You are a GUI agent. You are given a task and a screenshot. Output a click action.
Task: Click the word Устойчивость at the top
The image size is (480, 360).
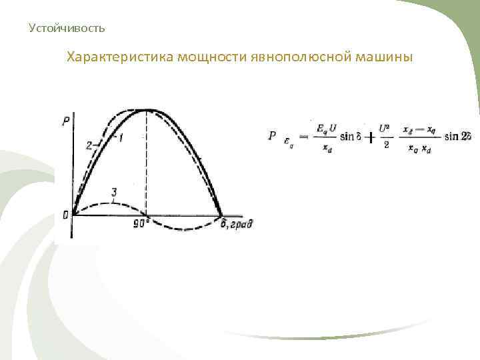pos(67,28)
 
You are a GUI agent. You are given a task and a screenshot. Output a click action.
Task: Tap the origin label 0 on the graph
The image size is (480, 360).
pos(65,215)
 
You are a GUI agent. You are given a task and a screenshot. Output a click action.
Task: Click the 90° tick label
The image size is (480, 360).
pos(141,224)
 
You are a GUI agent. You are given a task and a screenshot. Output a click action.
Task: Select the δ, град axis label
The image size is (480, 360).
pos(237,224)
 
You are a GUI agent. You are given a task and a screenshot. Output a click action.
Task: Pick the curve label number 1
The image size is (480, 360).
pos(121,137)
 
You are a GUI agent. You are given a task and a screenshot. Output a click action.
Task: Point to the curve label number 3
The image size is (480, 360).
pos(114,193)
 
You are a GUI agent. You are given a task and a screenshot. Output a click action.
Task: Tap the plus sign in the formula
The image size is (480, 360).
pos(367,135)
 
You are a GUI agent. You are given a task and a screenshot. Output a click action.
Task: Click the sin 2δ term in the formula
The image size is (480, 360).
pos(457,136)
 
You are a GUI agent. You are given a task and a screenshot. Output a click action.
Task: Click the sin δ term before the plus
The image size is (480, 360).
pos(347,136)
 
